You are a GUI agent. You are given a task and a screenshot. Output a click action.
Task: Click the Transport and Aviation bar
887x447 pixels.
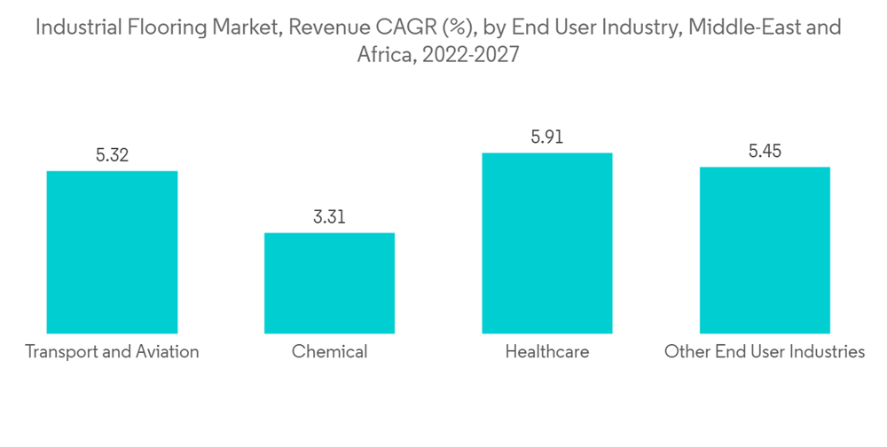click(112, 252)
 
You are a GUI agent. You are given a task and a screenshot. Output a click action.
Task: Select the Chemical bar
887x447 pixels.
click(329, 283)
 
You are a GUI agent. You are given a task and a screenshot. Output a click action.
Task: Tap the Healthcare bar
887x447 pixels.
click(546, 243)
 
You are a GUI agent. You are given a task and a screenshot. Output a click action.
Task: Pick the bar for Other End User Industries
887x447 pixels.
click(765, 250)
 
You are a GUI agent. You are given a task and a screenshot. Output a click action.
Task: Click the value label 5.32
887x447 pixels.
click(112, 155)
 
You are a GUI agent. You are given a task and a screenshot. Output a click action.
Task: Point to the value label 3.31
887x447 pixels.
click(329, 217)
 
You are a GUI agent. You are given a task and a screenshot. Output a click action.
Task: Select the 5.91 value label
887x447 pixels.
click(546, 137)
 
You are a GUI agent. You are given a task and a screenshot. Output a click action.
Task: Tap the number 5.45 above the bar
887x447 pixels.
click(765, 152)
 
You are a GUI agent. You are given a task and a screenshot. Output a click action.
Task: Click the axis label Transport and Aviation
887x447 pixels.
click(112, 352)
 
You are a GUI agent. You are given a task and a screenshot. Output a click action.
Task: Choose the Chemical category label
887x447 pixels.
click(329, 352)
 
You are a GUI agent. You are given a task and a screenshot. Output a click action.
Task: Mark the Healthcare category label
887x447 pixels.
click(546, 352)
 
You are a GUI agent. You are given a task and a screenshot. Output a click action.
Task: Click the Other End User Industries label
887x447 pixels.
click(765, 352)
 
